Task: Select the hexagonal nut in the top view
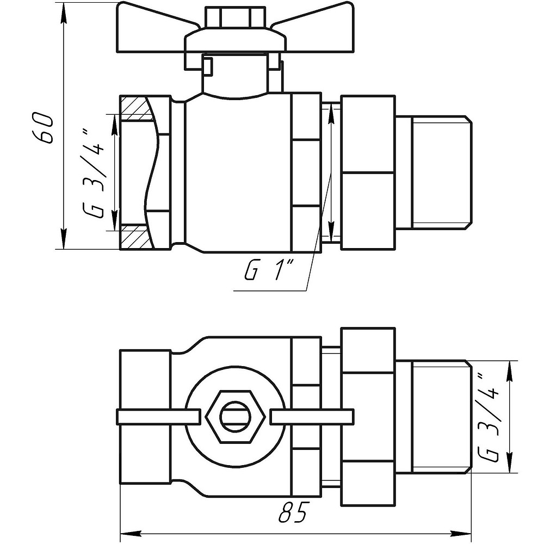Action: coord(236,417)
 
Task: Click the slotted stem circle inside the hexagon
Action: coord(236,417)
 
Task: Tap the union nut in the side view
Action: coord(368,172)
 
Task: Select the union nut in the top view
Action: coord(368,417)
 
